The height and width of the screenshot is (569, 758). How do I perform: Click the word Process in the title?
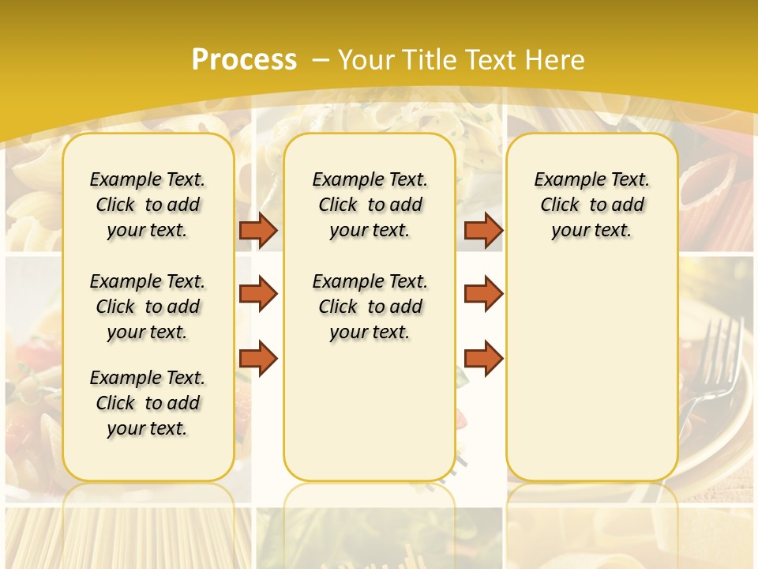tap(244, 60)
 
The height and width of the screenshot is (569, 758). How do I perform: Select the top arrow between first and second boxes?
tap(258, 230)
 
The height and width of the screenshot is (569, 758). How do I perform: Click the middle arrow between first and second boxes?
tap(258, 294)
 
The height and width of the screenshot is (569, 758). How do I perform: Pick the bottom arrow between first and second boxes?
tap(258, 358)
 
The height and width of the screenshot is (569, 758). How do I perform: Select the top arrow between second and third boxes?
tap(483, 230)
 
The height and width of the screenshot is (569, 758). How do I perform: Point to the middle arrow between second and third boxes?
tap(483, 294)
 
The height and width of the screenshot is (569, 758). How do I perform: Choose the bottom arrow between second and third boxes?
tap(483, 358)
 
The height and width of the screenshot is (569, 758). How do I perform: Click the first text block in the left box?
tap(147, 205)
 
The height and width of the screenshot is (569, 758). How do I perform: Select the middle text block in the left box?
tap(147, 307)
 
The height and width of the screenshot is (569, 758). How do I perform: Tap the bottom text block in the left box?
tap(147, 403)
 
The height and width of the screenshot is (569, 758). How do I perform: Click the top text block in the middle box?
tap(370, 205)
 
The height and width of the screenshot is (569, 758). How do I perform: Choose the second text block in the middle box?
tap(370, 307)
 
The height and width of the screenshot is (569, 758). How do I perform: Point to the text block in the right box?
tap(591, 205)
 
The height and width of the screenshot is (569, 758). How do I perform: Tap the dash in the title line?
tap(321, 60)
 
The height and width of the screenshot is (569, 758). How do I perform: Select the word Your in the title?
tap(367, 60)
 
